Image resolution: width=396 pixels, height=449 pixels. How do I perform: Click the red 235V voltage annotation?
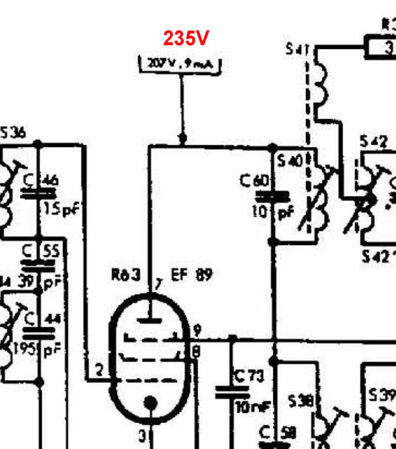[186, 39]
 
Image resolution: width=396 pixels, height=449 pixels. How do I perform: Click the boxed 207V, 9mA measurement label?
[181, 64]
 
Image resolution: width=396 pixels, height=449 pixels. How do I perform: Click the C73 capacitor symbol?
[233, 390]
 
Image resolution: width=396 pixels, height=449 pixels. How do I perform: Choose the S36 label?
[13, 133]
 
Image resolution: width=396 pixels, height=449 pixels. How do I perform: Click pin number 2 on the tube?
[99, 371]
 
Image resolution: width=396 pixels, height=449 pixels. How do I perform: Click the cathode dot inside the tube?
[150, 403]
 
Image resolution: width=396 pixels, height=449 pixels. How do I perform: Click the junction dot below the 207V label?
[182, 139]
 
